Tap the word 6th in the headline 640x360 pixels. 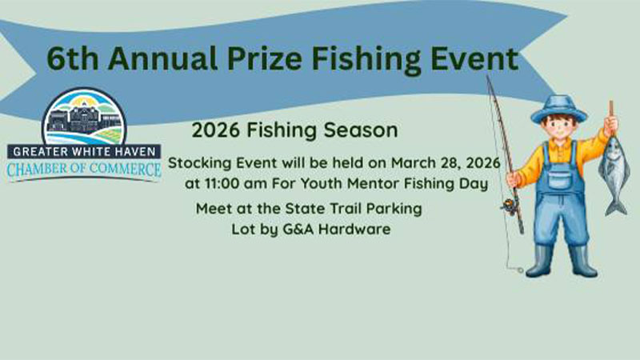tap(70, 58)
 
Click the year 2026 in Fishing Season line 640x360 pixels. tap(217, 129)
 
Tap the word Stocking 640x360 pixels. tap(201, 163)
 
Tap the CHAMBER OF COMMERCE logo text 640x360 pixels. tap(84, 169)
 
